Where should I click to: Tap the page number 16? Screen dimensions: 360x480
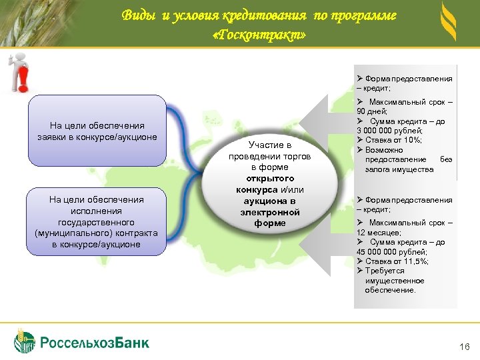pos(465,347)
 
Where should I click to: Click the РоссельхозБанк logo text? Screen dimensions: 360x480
pos(95,343)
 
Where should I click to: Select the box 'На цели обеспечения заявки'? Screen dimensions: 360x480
pos(97,131)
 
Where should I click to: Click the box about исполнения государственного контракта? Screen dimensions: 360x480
pos(97,222)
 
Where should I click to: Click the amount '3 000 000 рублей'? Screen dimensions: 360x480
pos(389,131)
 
